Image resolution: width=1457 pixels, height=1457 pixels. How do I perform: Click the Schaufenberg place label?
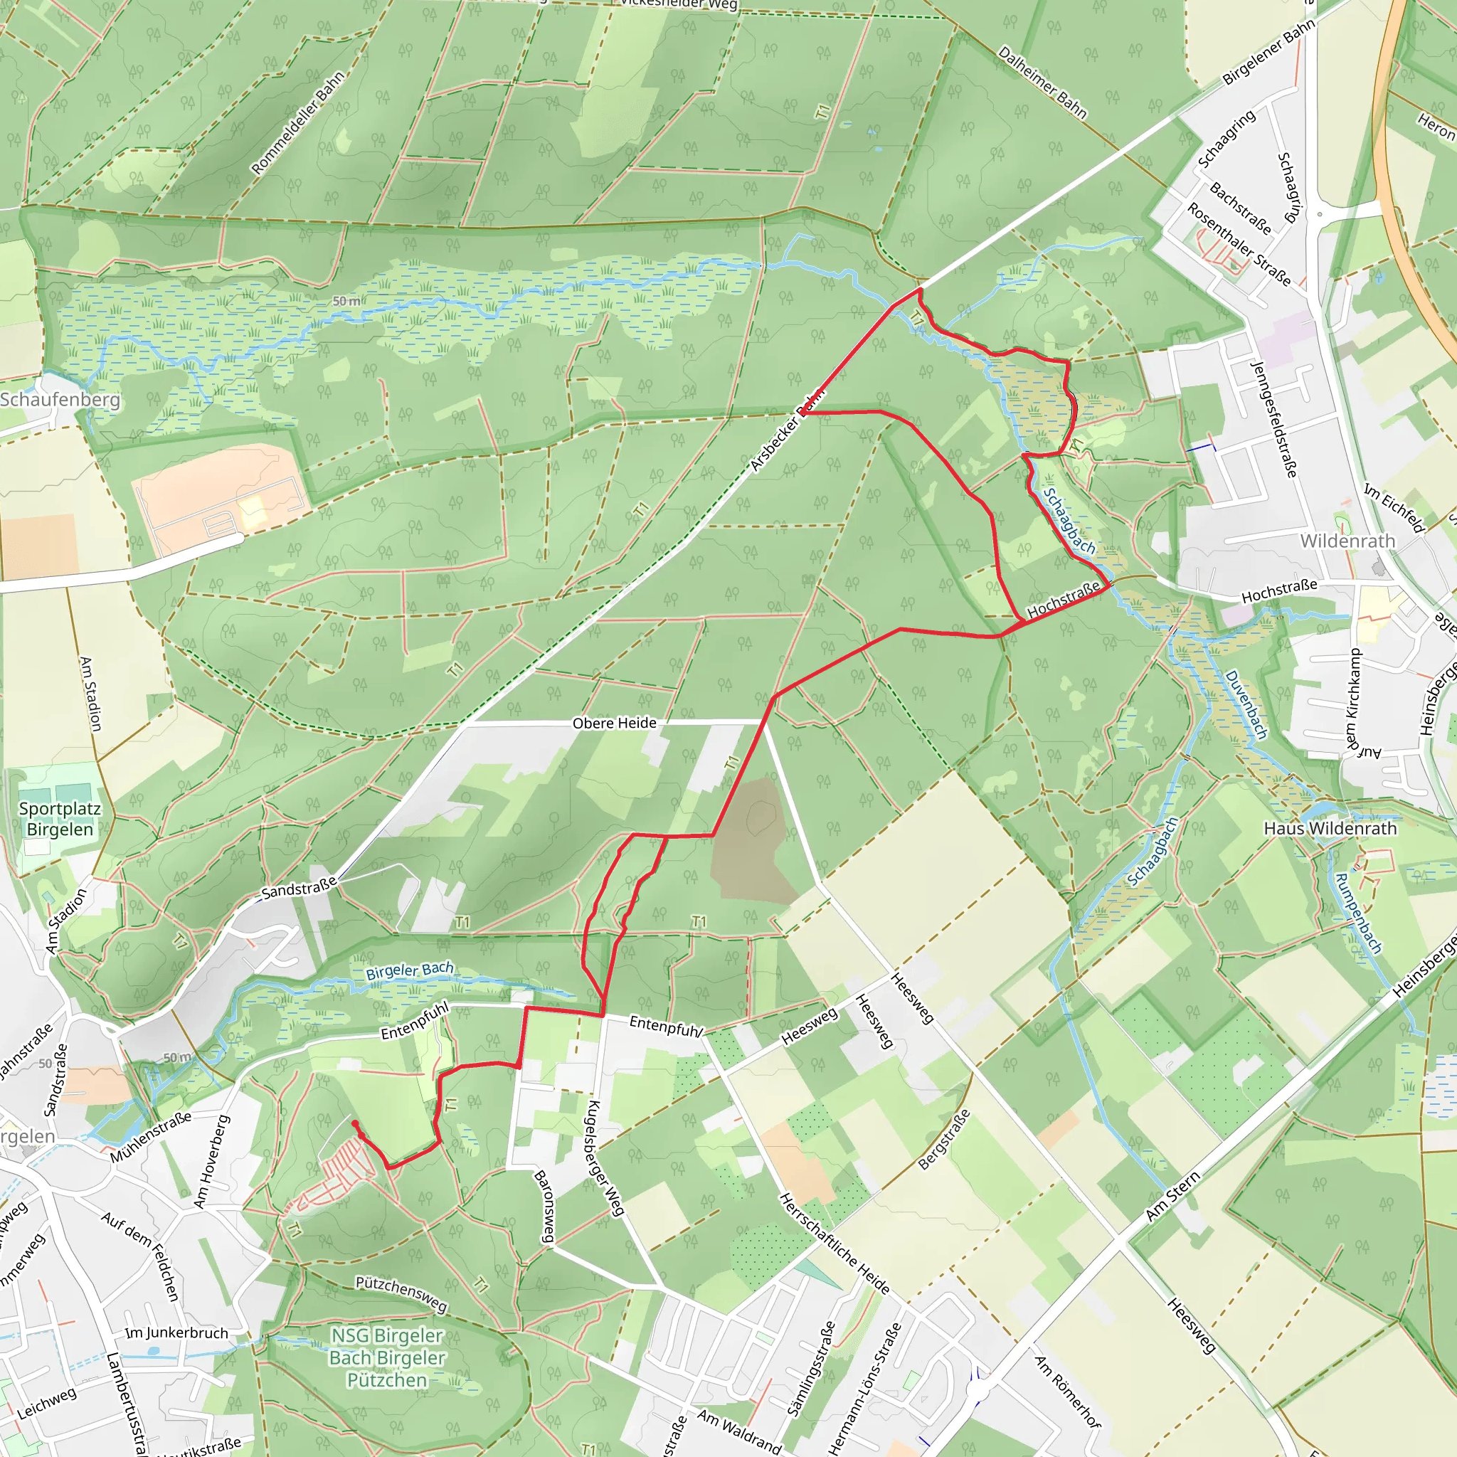coord(60,399)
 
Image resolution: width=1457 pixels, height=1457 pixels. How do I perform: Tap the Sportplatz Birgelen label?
coord(60,819)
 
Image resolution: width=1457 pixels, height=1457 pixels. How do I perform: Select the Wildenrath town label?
coord(1347,541)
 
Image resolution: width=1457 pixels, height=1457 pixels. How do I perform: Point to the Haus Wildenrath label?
coord(1330,828)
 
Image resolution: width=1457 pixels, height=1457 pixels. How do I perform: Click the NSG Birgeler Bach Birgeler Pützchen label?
coord(388,1357)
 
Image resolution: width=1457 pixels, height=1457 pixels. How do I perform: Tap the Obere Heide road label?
coord(614,723)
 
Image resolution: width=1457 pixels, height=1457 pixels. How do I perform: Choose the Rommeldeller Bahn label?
coord(298,123)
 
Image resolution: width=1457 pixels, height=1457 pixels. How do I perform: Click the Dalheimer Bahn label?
coord(1042,83)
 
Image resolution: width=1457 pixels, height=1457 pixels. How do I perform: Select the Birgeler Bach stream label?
coord(410,970)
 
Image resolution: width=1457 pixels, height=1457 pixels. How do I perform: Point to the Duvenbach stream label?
coord(1246,704)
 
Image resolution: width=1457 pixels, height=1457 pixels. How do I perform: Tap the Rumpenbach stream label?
coord(1358,913)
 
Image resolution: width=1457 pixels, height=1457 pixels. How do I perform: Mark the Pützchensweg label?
coord(401,1293)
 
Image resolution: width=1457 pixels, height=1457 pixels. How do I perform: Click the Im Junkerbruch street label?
coord(176,1333)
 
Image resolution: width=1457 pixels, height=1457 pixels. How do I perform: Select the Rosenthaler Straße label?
coord(1239,244)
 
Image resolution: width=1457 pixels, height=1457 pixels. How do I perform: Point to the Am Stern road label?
coord(1172,1197)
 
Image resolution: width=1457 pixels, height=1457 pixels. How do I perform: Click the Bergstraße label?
coord(944,1139)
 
